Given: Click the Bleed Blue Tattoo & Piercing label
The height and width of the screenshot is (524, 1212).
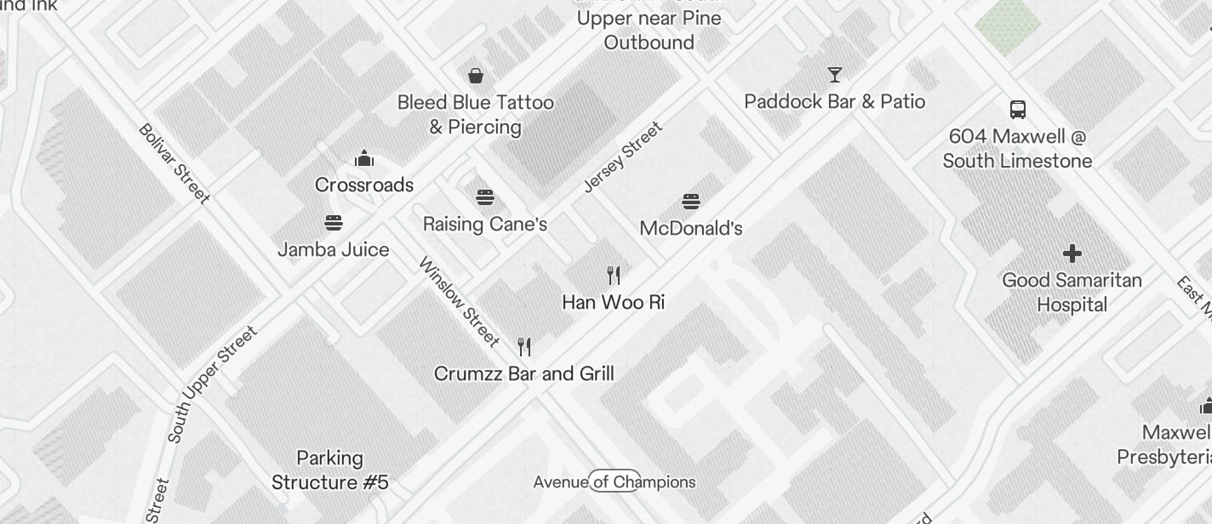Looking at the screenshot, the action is point(475,115).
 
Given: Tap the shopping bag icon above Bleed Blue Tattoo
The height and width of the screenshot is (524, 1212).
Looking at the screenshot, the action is point(476,76).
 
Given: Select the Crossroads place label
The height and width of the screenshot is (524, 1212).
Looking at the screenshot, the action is point(364,185).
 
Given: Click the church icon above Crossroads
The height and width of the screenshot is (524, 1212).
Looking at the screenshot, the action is point(364,158).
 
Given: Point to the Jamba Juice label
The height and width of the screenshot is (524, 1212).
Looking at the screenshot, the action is point(334,249).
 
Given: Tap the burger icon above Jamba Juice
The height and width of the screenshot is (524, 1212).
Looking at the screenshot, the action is point(334,223).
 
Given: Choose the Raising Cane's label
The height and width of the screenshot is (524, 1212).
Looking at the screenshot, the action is point(485,225).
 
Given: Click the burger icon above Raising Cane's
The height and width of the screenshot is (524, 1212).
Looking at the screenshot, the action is point(485,198).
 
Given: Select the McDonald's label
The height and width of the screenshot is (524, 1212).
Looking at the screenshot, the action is point(691,228).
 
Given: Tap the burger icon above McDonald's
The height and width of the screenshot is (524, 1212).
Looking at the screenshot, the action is point(691,202).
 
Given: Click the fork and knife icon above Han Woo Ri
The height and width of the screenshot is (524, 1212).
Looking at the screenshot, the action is point(614,276).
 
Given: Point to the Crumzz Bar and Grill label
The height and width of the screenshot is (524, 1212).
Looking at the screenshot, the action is point(524,373).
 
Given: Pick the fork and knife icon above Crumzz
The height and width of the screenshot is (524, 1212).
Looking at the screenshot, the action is point(524,347).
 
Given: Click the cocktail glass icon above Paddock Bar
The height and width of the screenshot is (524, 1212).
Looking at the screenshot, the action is point(835,75).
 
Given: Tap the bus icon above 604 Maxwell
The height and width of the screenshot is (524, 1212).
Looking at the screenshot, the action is point(1018,109).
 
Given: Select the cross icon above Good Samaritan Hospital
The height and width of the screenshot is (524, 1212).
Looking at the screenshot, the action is point(1072,253).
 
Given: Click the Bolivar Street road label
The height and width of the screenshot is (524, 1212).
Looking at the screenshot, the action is point(174,164).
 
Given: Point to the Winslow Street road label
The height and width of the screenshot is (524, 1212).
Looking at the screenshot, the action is point(460,302).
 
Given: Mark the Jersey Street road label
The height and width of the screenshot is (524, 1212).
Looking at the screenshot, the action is point(623,157).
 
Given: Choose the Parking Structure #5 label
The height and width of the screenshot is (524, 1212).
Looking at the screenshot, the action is point(330,470).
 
